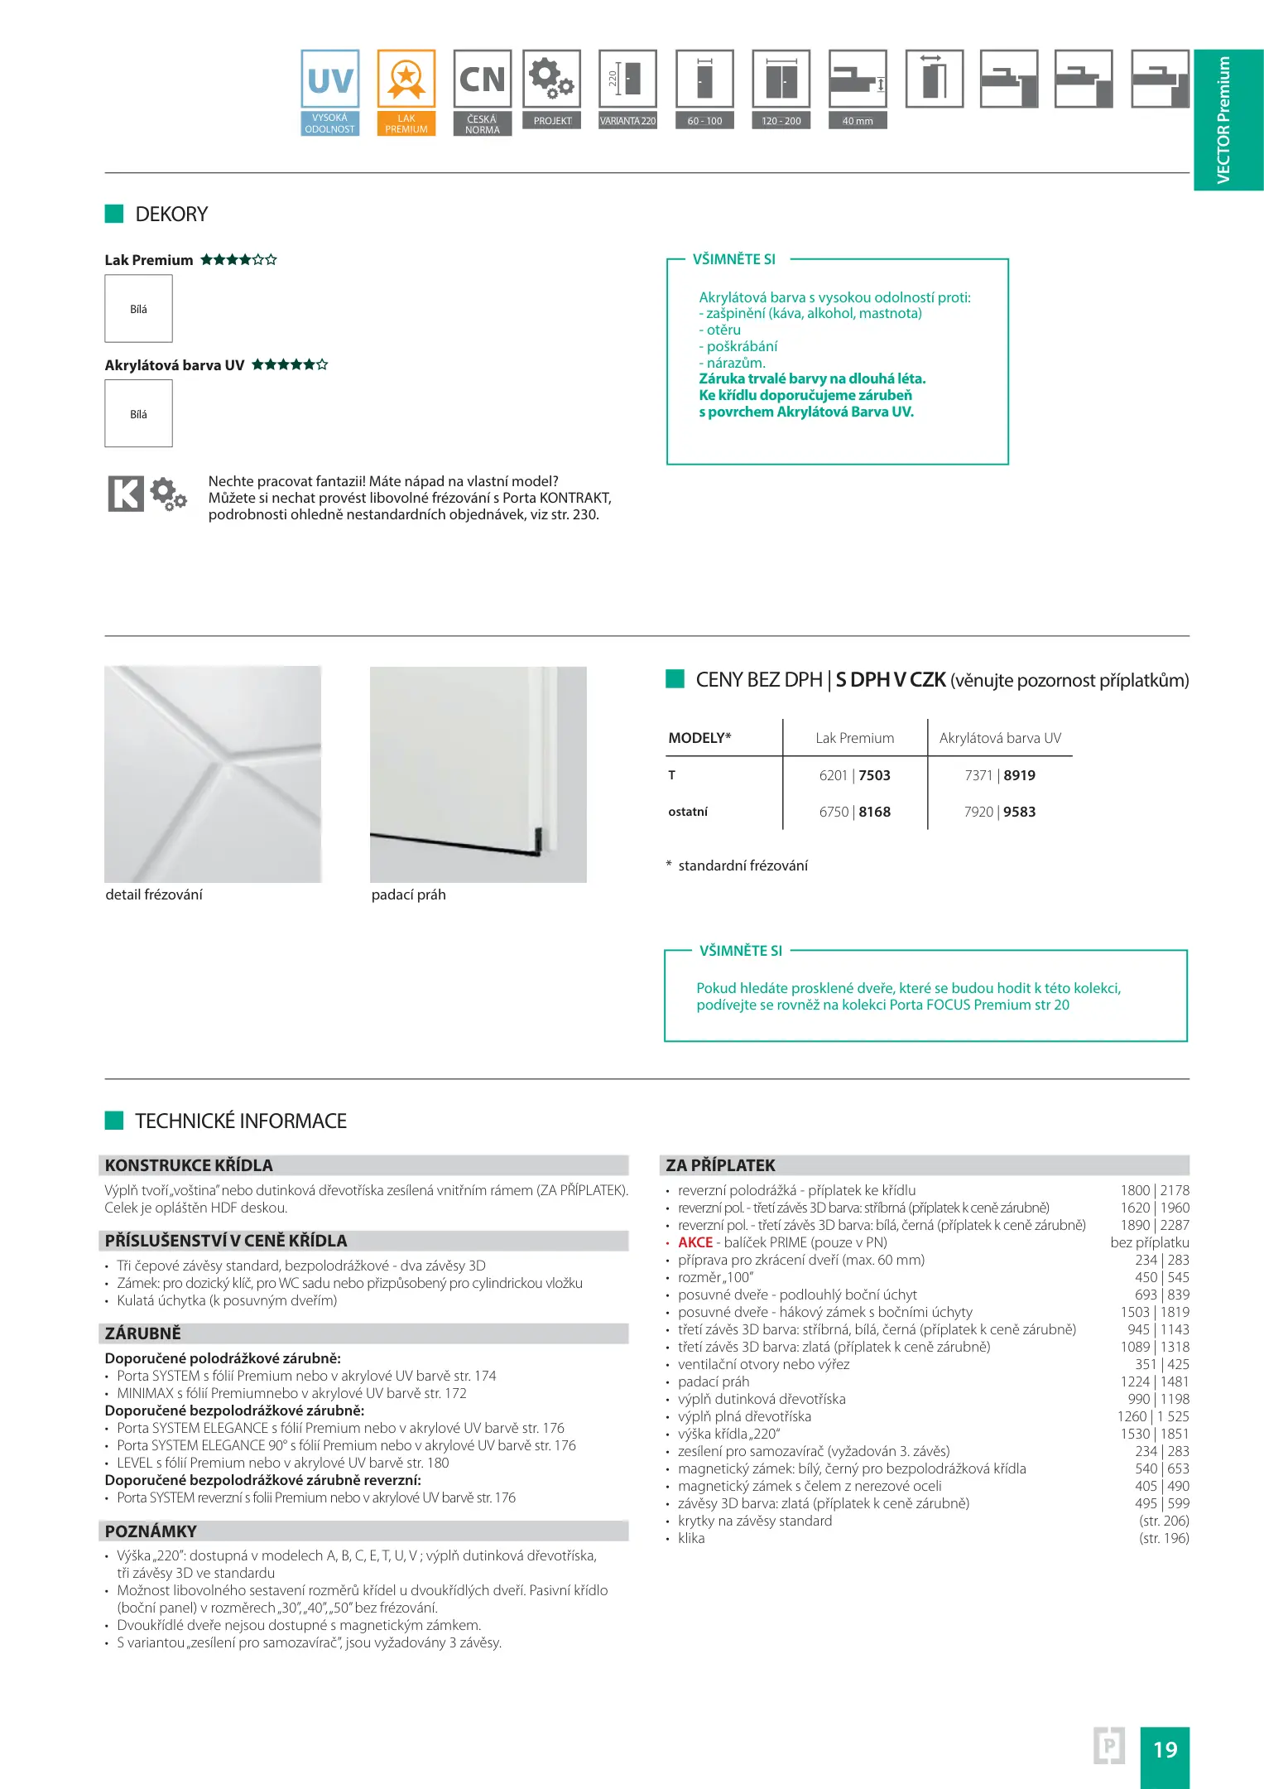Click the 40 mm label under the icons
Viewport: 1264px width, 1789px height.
coord(858,121)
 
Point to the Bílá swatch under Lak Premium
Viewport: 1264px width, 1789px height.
coord(138,309)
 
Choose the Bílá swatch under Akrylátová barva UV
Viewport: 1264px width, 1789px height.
coord(138,414)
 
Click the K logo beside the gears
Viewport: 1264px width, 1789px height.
coord(126,494)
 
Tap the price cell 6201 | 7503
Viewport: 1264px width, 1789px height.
coord(854,775)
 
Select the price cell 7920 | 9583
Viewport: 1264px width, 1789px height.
coord(999,812)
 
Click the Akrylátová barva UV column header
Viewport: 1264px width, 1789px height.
coord(1000,738)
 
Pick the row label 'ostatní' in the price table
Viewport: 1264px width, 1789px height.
coord(688,812)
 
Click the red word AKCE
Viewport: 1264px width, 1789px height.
coord(695,1242)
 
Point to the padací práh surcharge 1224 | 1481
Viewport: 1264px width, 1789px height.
coord(1155,1382)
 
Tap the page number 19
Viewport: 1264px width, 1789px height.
coord(1165,1749)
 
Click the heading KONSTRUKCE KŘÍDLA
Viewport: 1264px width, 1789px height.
coord(189,1165)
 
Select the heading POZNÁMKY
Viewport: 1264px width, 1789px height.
coord(151,1531)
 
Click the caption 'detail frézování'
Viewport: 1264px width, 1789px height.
coord(154,894)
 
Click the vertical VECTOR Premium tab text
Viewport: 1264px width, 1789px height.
coord(1223,120)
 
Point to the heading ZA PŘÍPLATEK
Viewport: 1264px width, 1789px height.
coord(720,1165)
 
